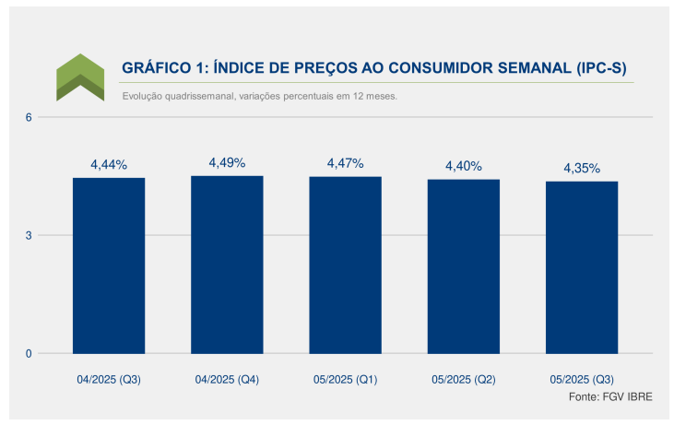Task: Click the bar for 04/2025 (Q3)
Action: (x=109, y=266)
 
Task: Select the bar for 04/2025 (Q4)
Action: (x=227, y=265)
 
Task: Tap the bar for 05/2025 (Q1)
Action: (x=345, y=266)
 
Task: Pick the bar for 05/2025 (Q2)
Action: (x=464, y=266)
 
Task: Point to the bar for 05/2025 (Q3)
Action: (x=582, y=267)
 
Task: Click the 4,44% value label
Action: (x=109, y=165)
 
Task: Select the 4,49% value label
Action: (x=227, y=162)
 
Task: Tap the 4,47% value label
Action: (x=345, y=163)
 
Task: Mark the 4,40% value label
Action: (x=464, y=166)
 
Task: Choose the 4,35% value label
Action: (x=582, y=168)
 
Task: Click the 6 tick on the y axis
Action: (x=29, y=117)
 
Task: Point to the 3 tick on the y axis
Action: (x=29, y=235)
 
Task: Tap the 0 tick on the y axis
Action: (x=29, y=354)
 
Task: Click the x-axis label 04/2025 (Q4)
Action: (x=227, y=380)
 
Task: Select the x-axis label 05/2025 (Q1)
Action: (x=345, y=380)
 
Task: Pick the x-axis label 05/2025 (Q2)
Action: (x=464, y=380)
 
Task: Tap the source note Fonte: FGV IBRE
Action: (x=610, y=396)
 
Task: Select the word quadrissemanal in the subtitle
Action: (x=200, y=96)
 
